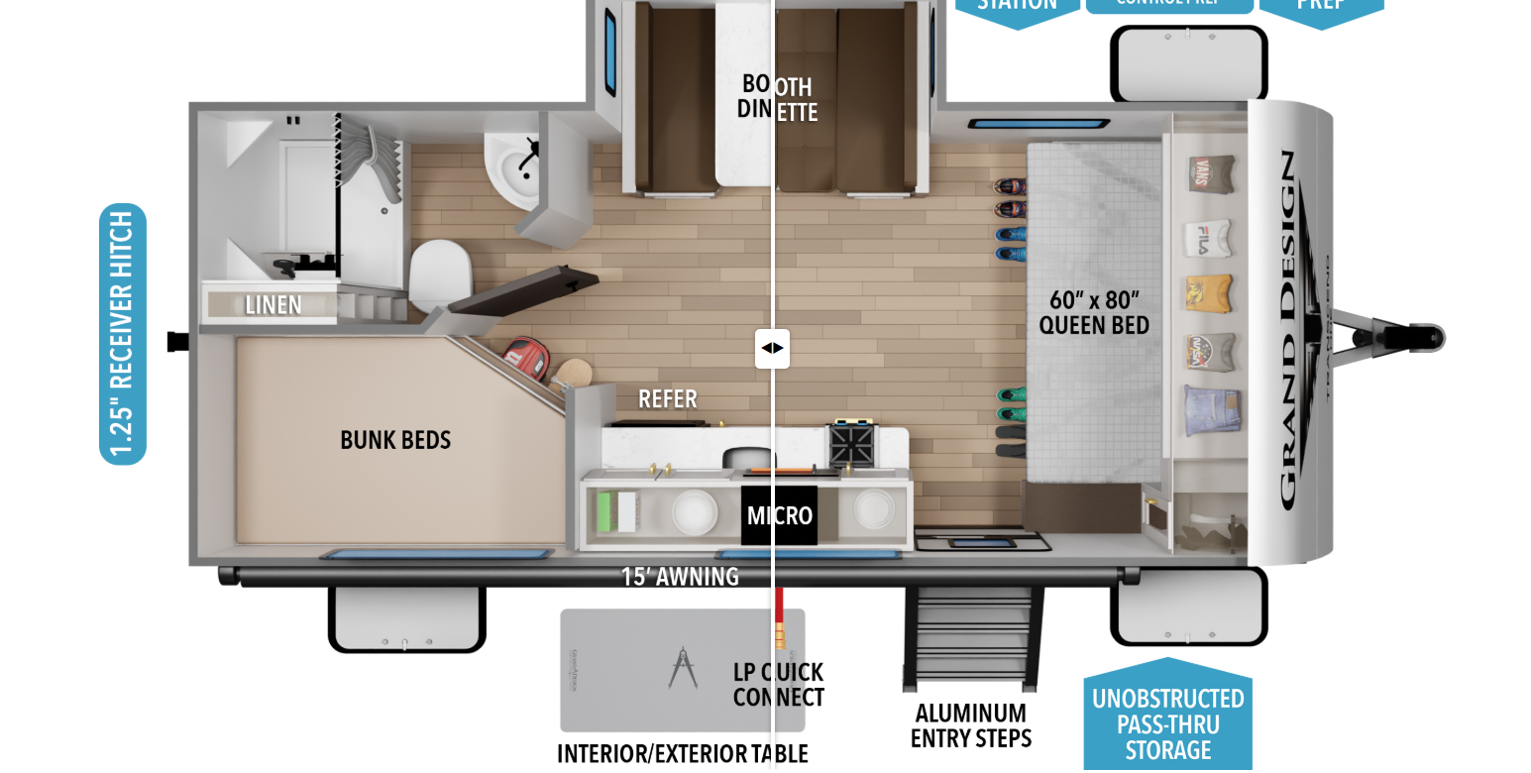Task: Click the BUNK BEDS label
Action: tap(395, 440)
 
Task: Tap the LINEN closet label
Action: tap(273, 305)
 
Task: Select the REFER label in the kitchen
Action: tap(667, 399)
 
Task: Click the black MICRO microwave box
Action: tap(779, 515)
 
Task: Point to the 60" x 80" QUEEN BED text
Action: tap(1094, 312)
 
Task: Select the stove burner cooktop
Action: tap(853, 443)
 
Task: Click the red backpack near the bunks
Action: tap(525, 358)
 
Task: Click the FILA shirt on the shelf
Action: tap(1208, 239)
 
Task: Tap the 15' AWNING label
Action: tap(680, 577)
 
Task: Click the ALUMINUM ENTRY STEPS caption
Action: tap(971, 725)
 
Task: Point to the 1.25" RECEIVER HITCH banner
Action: tap(123, 334)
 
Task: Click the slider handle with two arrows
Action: tap(772, 348)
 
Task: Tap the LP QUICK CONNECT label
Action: tap(778, 685)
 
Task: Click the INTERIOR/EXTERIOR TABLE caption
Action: tap(682, 754)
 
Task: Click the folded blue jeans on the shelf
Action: tap(1210, 411)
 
